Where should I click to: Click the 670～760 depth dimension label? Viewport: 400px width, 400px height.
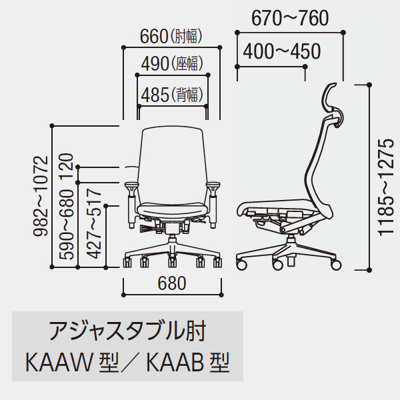tap(290, 19)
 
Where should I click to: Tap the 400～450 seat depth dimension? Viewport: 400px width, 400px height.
tap(281, 51)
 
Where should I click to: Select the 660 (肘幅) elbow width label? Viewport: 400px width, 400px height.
tap(171, 36)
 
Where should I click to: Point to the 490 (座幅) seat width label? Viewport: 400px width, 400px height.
tap(172, 63)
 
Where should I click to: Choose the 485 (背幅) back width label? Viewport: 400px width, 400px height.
tap(172, 95)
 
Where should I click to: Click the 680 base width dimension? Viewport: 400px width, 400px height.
tap(172, 283)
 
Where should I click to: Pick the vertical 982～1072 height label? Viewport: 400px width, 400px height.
tap(41, 196)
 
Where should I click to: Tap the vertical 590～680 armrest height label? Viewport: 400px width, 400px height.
tap(66, 225)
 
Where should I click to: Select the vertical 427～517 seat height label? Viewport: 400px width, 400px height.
tap(93, 224)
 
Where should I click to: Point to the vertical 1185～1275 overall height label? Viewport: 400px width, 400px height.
tap(385, 187)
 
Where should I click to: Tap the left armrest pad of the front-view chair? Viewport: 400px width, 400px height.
tap(131, 185)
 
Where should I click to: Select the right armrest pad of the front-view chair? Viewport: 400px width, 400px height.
tap(213, 185)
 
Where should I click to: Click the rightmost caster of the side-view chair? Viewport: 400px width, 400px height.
tap(336, 265)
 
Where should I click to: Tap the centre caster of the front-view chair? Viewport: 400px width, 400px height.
tap(173, 262)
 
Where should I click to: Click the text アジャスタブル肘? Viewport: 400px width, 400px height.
tap(127, 331)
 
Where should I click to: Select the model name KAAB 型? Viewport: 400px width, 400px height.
tap(188, 363)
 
